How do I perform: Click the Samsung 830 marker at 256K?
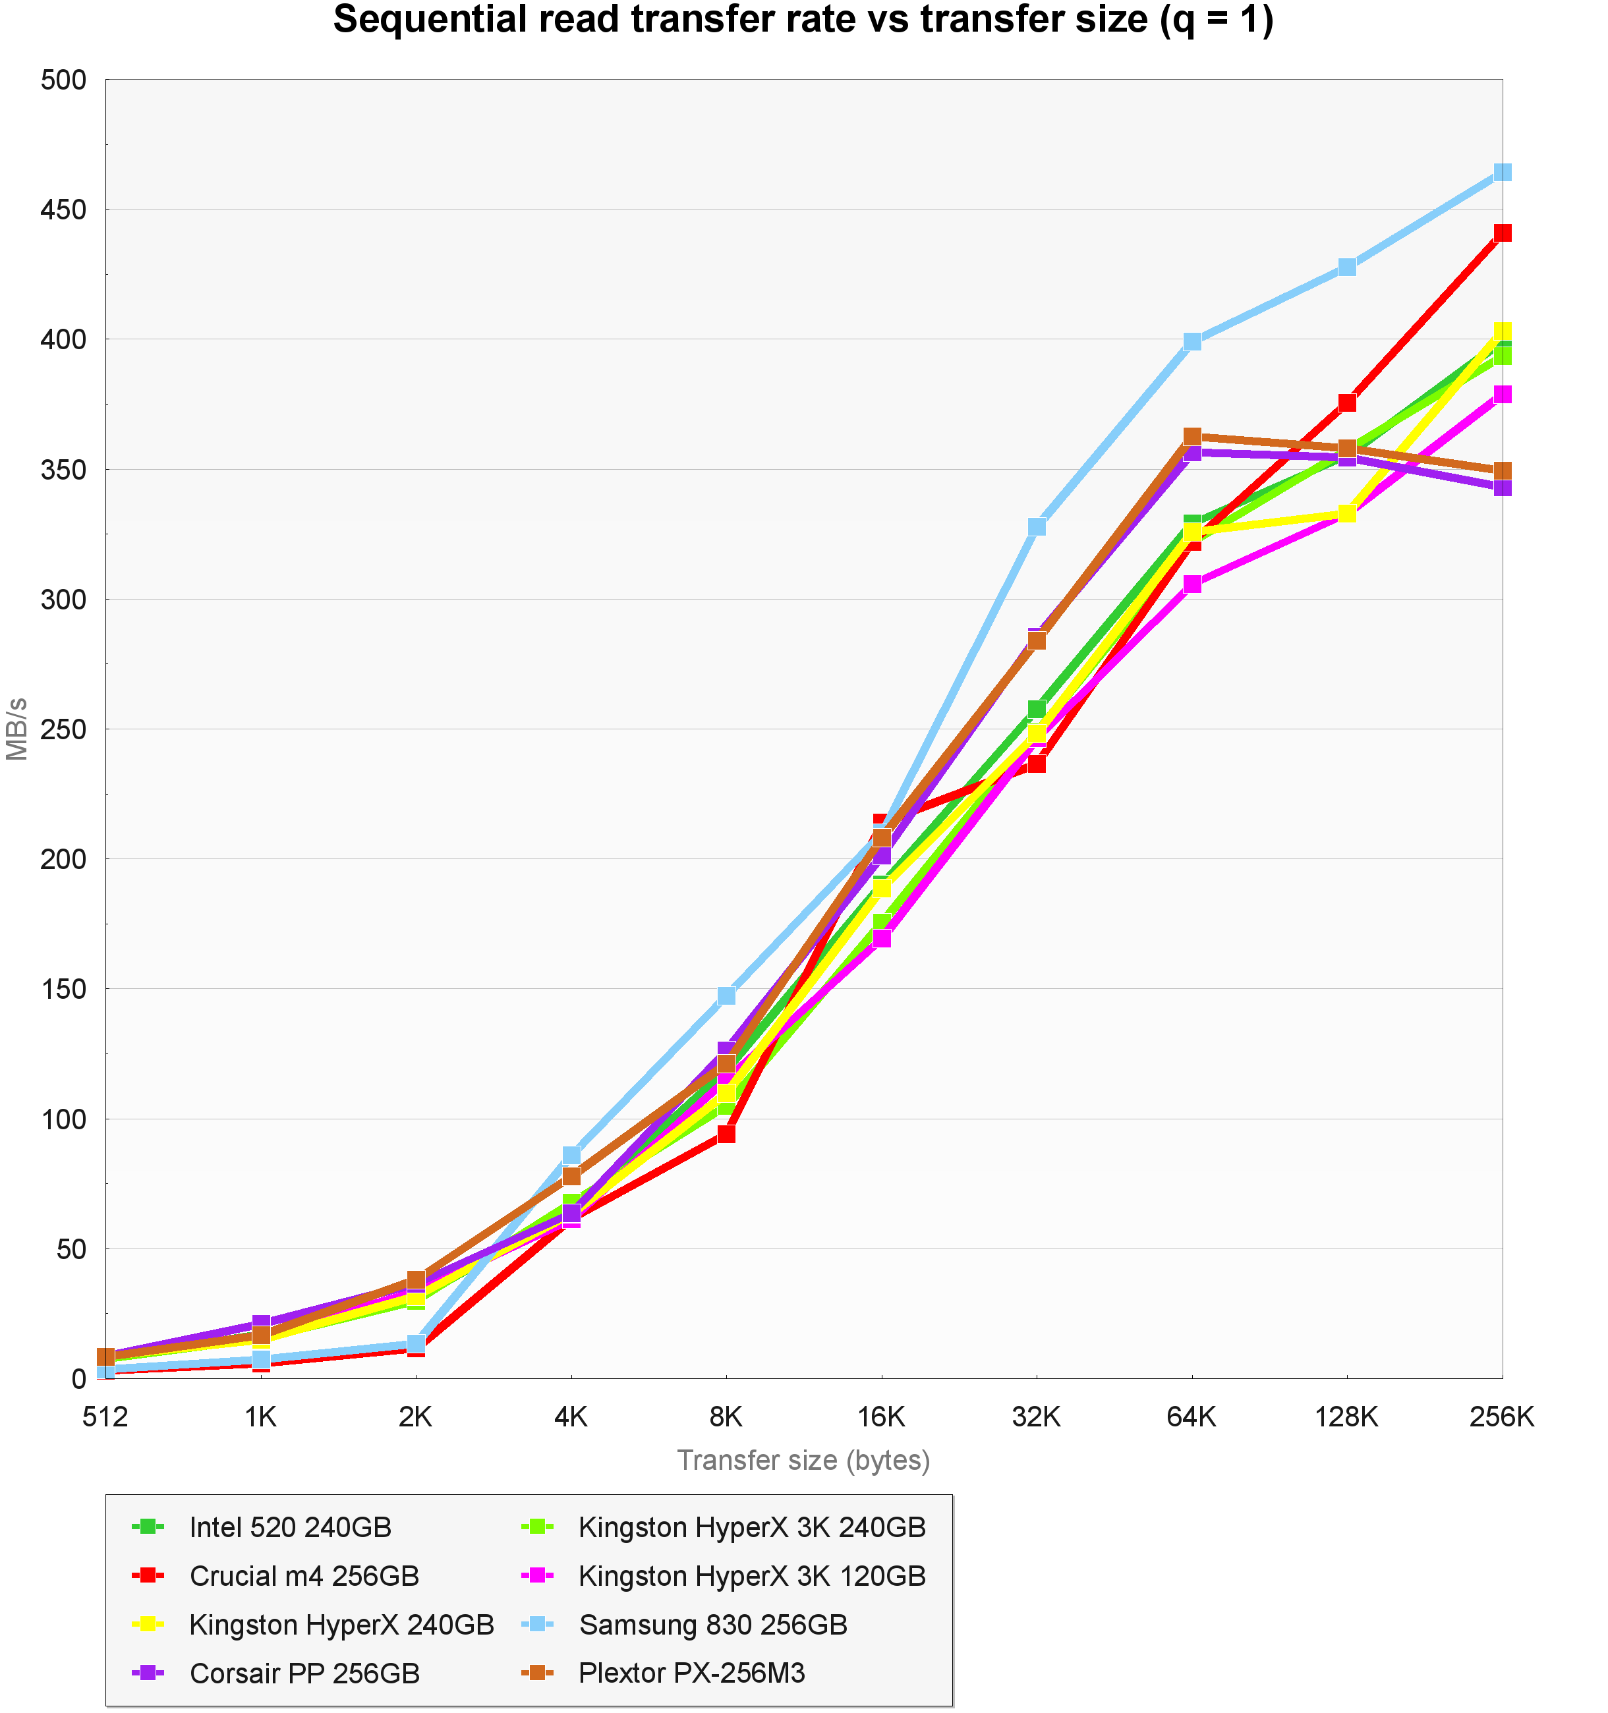(1502, 173)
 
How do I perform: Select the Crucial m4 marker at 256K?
(1502, 233)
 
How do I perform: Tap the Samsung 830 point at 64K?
(1192, 341)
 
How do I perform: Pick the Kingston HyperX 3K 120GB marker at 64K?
(1192, 584)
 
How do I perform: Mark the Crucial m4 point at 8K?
(726, 1134)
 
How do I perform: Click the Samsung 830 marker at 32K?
(1037, 526)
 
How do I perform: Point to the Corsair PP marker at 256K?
(1502, 488)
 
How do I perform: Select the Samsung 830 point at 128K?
(1347, 267)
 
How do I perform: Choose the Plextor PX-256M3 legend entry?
(691, 1673)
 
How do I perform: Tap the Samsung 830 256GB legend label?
(712, 1624)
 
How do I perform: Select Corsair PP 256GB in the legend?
(304, 1673)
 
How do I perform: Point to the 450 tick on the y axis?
(64, 210)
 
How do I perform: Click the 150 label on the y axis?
(64, 989)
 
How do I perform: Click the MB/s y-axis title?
(17, 729)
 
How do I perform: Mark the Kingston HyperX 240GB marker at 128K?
(1347, 513)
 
